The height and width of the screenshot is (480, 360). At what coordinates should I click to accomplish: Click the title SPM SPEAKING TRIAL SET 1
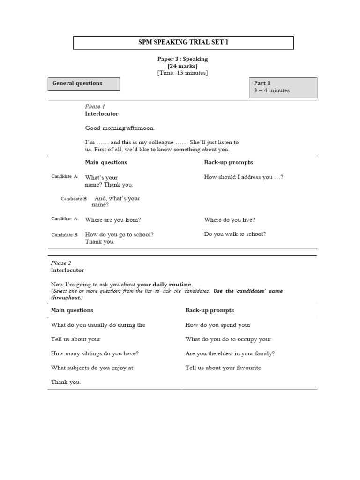(x=183, y=43)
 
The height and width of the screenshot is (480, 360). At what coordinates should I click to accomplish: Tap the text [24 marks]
(x=182, y=66)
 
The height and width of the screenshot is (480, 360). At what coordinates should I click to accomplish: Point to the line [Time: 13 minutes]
(x=182, y=73)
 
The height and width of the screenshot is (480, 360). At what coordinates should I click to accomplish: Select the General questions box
(x=84, y=84)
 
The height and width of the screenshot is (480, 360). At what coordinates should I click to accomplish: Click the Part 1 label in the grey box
(x=262, y=83)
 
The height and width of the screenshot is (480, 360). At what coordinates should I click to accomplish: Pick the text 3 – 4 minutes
(x=272, y=90)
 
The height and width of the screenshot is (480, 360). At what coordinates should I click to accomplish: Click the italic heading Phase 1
(x=95, y=106)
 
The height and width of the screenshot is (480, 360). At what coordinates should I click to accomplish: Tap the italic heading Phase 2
(x=61, y=263)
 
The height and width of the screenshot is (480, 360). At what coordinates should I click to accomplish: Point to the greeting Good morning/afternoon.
(x=119, y=127)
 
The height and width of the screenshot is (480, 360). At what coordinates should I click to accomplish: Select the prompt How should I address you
(x=243, y=177)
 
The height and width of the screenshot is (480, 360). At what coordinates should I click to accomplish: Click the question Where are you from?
(x=112, y=219)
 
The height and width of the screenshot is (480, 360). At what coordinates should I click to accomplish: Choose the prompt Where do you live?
(x=229, y=219)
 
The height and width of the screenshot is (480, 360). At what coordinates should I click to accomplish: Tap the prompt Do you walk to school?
(x=235, y=234)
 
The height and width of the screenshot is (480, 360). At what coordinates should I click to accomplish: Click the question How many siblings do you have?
(x=95, y=353)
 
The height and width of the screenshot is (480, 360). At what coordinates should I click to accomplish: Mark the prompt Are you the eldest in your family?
(x=230, y=353)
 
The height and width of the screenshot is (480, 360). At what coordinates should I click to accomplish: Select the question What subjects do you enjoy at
(x=92, y=368)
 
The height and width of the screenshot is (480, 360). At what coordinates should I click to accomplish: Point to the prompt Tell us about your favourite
(x=223, y=368)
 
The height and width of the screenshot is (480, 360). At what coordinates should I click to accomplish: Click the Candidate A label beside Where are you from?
(x=64, y=219)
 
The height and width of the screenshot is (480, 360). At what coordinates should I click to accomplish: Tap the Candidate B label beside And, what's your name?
(x=74, y=199)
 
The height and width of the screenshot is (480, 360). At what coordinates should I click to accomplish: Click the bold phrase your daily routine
(x=164, y=284)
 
